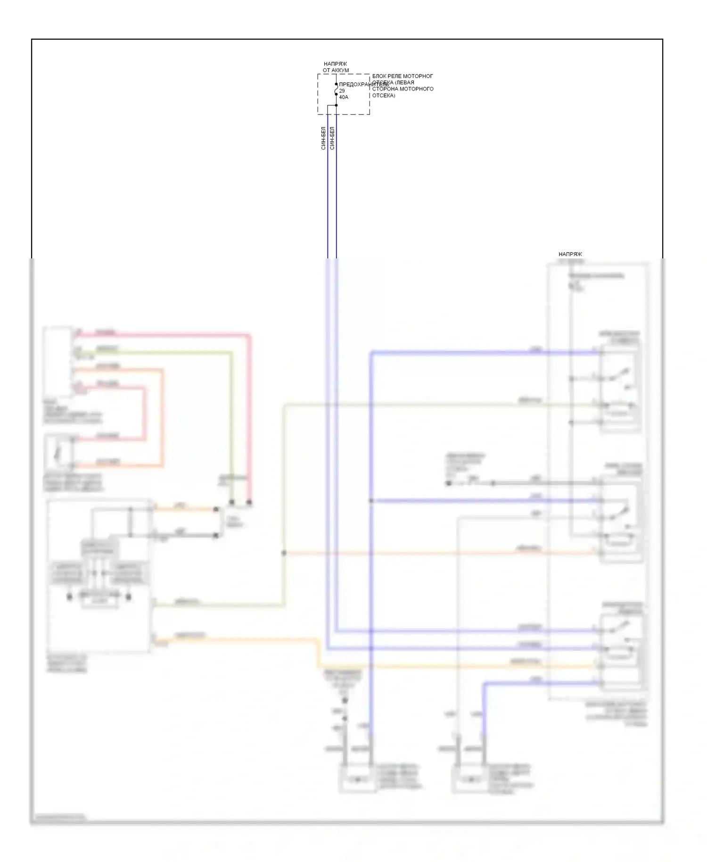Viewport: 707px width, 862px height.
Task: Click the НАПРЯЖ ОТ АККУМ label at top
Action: point(336,67)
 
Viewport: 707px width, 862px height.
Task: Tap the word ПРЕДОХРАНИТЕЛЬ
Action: point(363,84)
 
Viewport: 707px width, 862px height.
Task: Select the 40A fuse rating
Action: point(344,97)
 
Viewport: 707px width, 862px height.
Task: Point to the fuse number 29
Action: point(342,91)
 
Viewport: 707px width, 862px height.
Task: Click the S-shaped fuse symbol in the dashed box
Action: point(336,89)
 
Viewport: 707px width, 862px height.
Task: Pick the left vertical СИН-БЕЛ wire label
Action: point(323,138)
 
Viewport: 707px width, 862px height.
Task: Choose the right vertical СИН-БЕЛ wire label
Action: point(332,138)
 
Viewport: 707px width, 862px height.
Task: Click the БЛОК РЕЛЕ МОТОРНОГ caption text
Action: point(403,76)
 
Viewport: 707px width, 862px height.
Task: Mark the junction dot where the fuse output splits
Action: point(336,105)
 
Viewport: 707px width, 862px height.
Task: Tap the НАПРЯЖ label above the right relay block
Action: point(570,254)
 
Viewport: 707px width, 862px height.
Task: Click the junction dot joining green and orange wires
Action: point(284,553)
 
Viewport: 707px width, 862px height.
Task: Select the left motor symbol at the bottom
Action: point(357,779)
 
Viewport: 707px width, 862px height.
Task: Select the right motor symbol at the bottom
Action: point(470,779)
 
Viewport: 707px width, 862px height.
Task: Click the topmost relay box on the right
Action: point(620,387)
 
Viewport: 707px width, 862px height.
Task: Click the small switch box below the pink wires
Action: point(58,453)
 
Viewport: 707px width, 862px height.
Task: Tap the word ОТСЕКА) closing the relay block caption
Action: point(384,95)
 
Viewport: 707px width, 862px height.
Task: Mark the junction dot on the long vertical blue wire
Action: point(371,500)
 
